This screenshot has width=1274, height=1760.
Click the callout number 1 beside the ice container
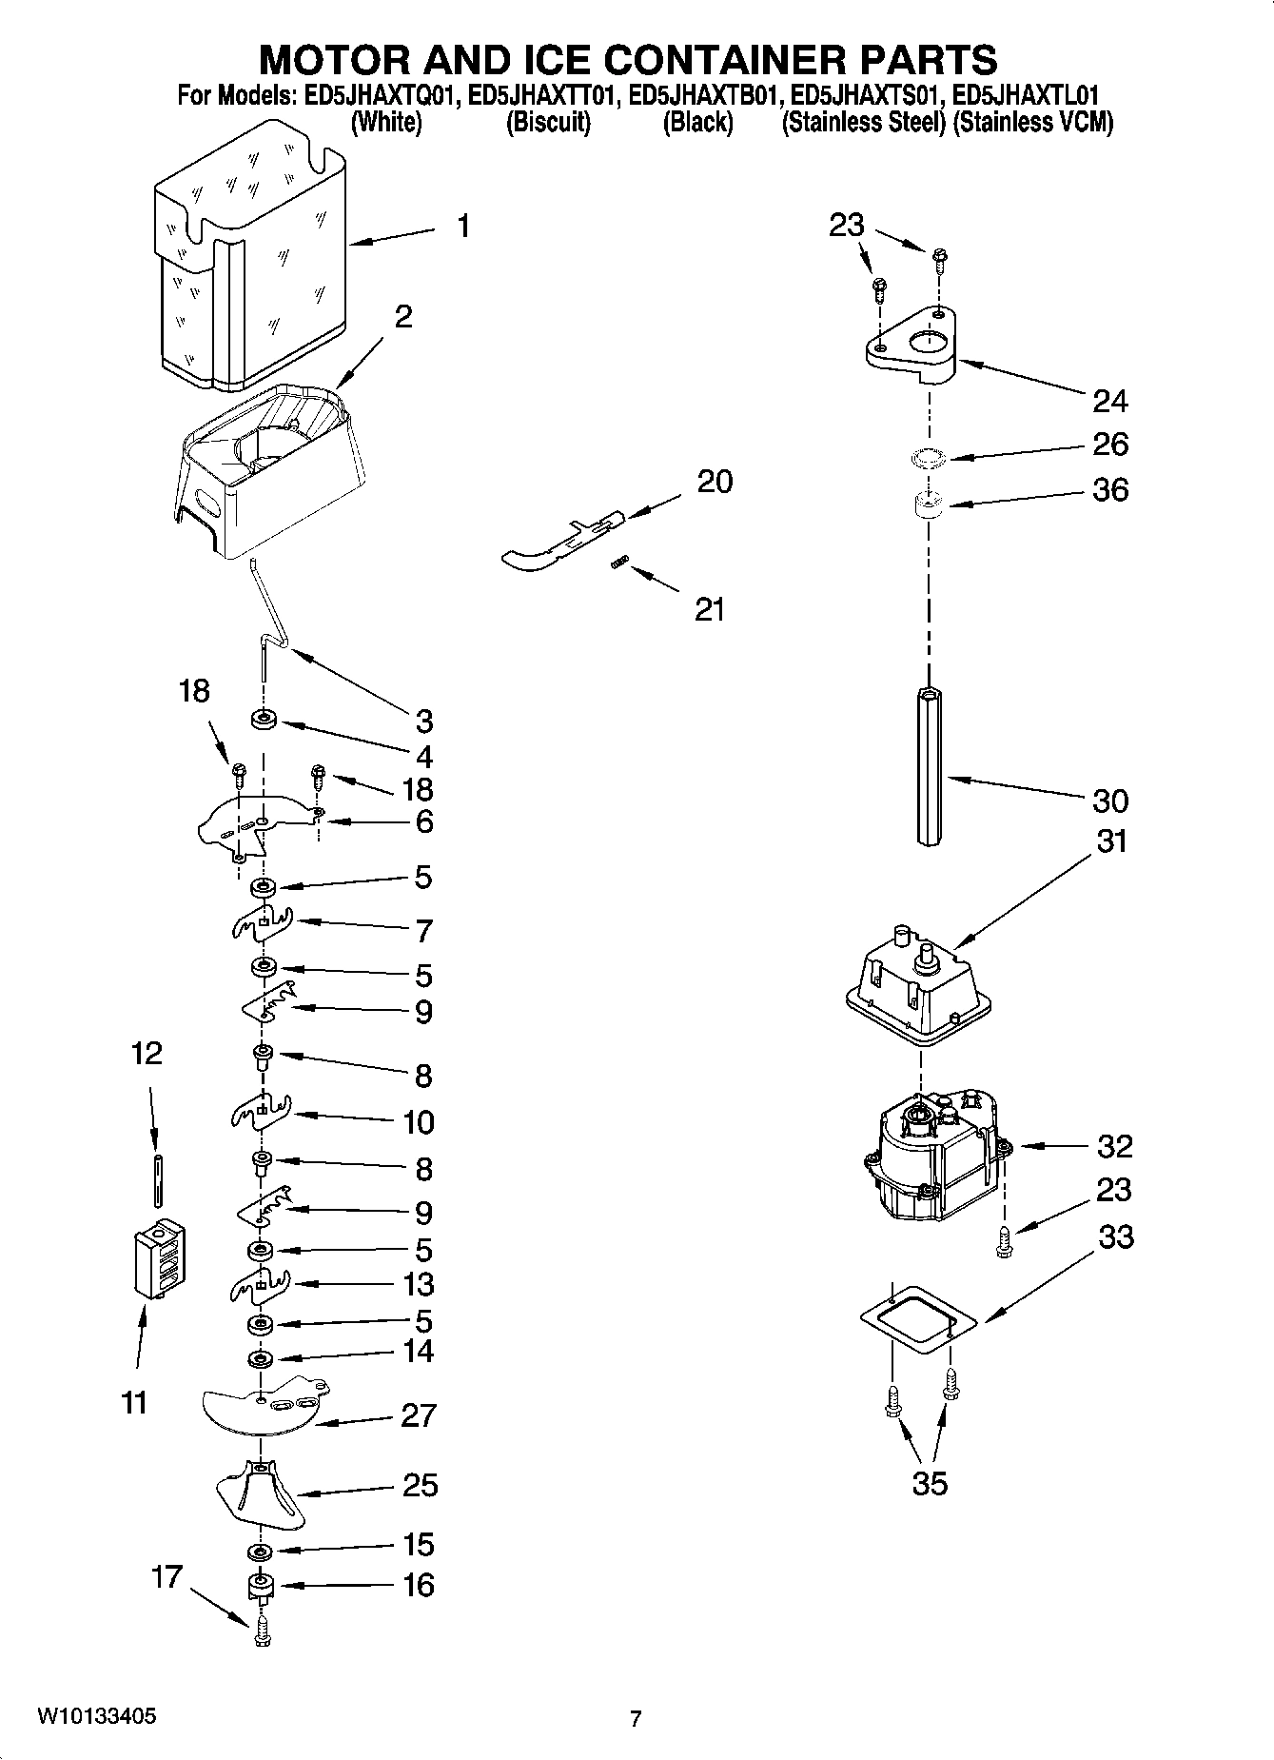462,227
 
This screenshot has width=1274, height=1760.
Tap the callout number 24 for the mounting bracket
1109,401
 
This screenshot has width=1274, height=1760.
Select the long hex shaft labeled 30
930,765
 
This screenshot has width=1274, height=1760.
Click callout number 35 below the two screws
930,1483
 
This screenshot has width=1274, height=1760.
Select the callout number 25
420,1485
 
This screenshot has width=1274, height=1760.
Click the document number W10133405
97,1715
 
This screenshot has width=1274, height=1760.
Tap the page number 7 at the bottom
636,1718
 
